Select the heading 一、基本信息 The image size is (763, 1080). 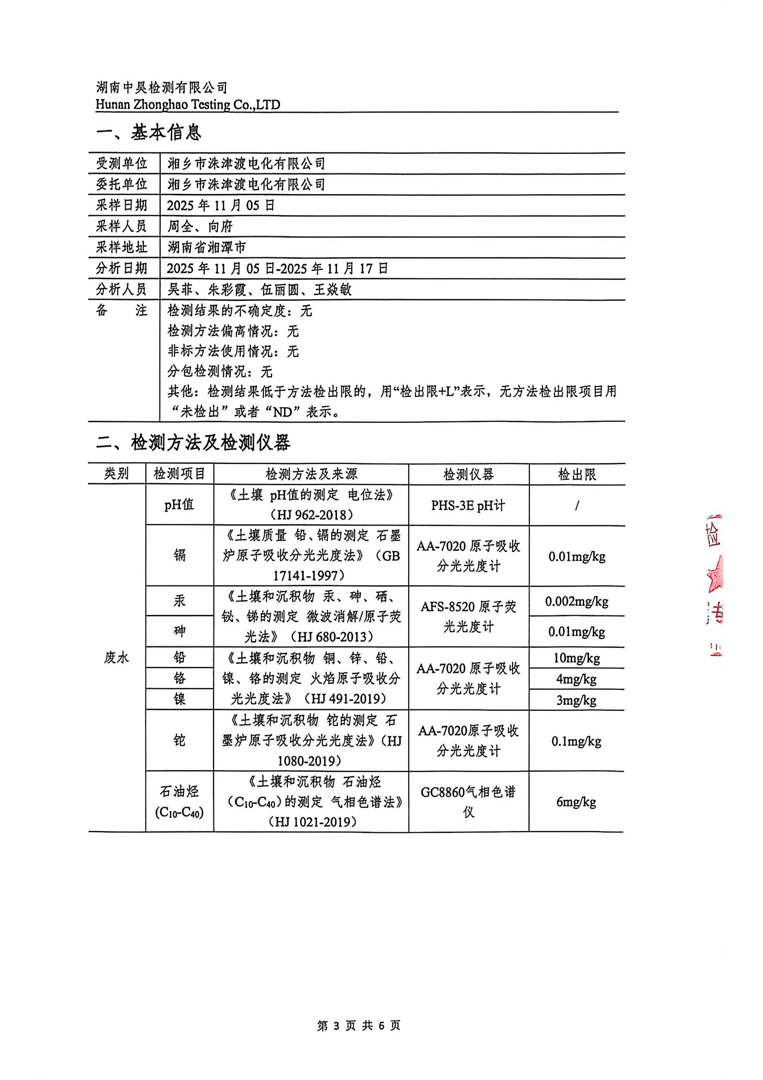click(x=149, y=133)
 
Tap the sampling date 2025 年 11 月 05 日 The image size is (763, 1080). click(x=221, y=206)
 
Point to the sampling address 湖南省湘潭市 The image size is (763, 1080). click(x=207, y=247)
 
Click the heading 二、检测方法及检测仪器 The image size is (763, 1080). click(x=193, y=443)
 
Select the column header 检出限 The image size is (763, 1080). click(x=577, y=474)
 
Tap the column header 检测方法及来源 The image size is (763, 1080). click(x=311, y=474)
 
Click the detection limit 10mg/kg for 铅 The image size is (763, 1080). click(x=577, y=658)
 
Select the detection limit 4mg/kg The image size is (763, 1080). click(x=577, y=679)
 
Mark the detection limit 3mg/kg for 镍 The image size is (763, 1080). click(x=577, y=700)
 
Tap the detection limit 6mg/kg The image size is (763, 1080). click(x=577, y=802)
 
